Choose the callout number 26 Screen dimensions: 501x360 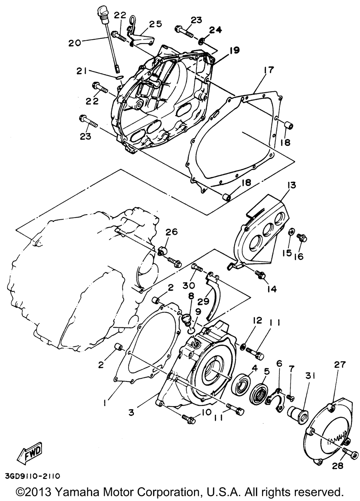tap(171, 232)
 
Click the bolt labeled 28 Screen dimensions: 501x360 tap(349, 451)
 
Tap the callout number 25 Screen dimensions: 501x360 tap(155, 24)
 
